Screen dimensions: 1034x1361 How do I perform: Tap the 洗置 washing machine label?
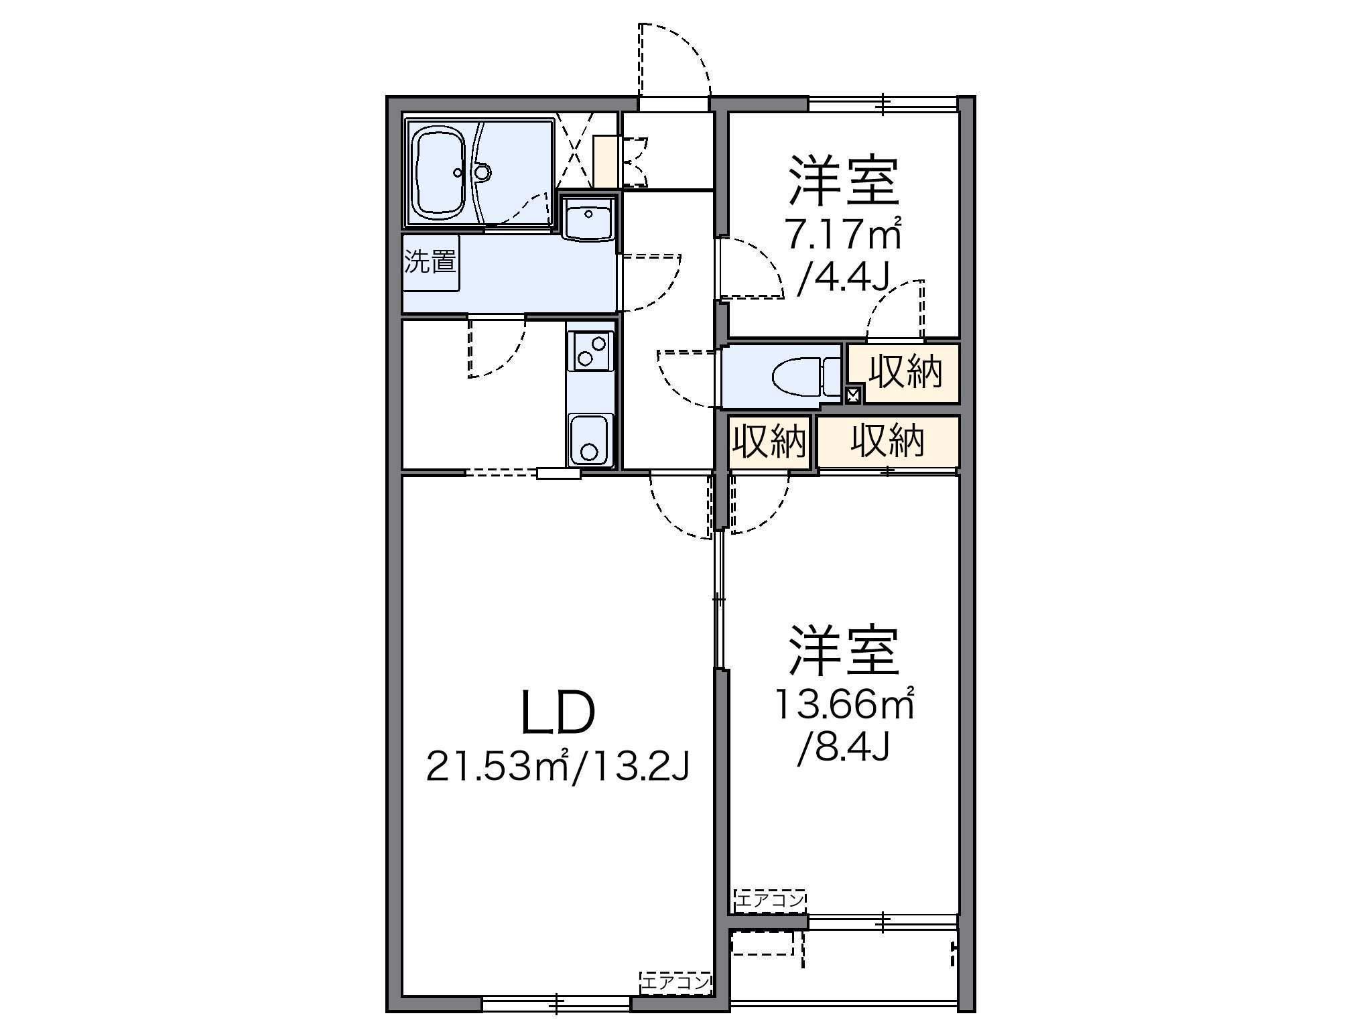430,262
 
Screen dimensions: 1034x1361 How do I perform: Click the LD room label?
558,713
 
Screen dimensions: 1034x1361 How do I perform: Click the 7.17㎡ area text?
844,235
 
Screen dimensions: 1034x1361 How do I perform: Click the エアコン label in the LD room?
675,984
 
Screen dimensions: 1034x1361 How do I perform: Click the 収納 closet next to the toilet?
905,373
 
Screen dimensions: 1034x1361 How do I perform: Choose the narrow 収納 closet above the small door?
769,442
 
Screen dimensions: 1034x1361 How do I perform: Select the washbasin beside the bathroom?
588,218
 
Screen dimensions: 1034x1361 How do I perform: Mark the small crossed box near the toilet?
852,395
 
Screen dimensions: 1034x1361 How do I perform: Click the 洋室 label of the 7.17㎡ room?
844,182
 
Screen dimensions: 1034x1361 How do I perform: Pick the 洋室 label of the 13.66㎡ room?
844,651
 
